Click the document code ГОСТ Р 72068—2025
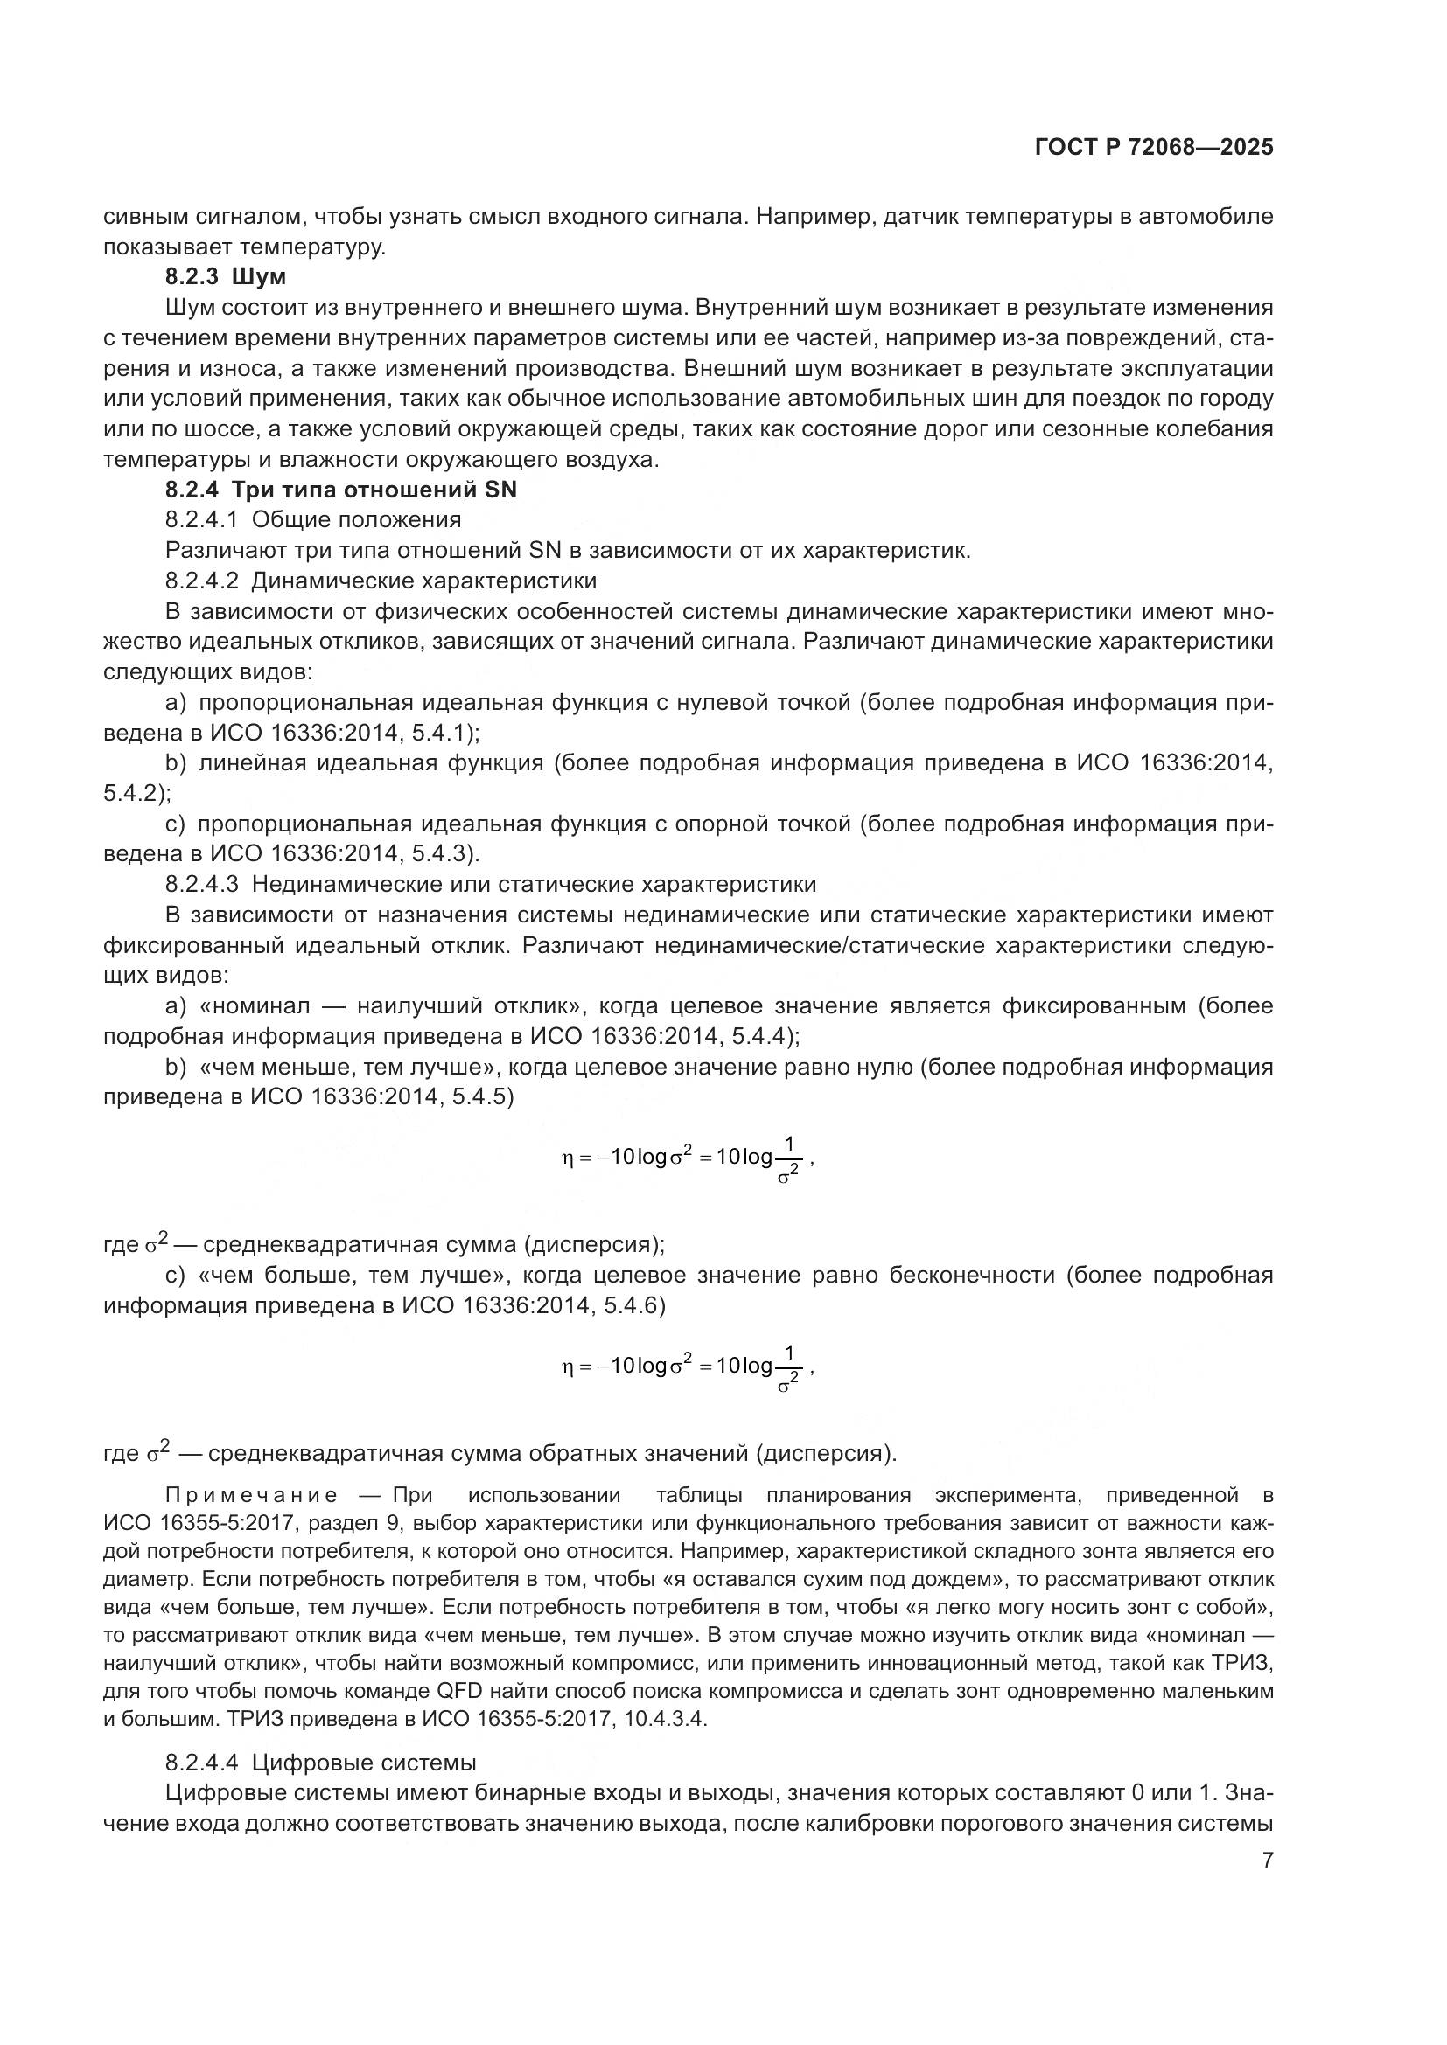(x=1154, y=148)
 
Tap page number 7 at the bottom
(x=1267, y=1861)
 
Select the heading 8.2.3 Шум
(x=226, y=277)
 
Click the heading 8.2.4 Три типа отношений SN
(x=340, y=490)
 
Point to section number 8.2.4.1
(x=201, y=520)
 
